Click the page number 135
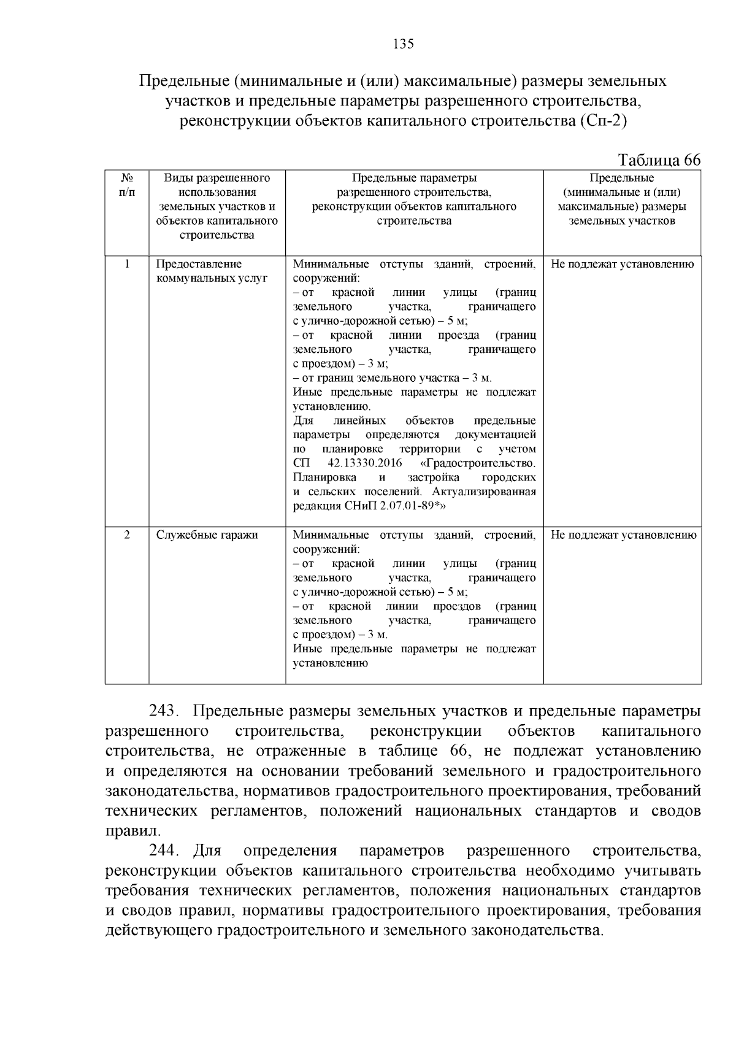[x=404, y=44]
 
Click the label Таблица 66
[x=659, y=160]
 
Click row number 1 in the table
[x=127, y=264]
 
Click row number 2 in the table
[x=127, y=535]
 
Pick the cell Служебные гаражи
[x=207, y=535]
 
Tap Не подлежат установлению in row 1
[x=622, y=264]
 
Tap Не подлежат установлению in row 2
[x=623, y=535]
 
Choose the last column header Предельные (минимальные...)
[x=622, y=199]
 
